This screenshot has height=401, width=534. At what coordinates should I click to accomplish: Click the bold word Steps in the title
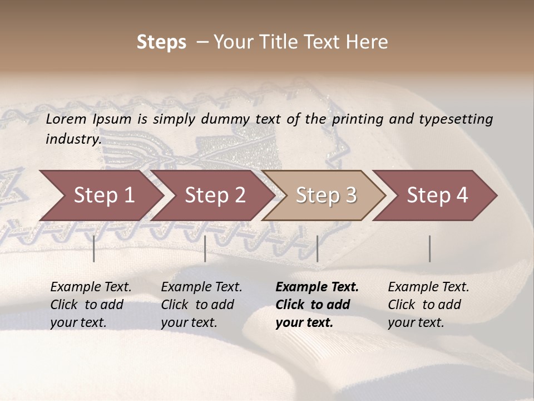161,42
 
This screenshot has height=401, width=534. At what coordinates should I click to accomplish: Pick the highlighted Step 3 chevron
326,195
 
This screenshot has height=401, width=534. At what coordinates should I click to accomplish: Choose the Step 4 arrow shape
437,195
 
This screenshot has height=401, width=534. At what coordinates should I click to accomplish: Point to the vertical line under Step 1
94,248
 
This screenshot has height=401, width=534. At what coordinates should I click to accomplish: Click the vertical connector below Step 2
205,248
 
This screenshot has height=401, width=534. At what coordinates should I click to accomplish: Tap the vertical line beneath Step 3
317,248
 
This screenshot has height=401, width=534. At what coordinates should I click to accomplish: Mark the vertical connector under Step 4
429,248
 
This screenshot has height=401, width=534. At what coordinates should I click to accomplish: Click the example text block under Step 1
91,305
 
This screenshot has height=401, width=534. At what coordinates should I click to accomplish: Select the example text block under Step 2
201,305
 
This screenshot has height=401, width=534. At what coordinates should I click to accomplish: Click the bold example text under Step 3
317,305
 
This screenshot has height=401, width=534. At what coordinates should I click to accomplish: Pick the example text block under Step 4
428,305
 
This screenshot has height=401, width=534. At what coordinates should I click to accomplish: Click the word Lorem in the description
66,119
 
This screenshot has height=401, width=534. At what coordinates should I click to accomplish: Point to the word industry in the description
73,139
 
